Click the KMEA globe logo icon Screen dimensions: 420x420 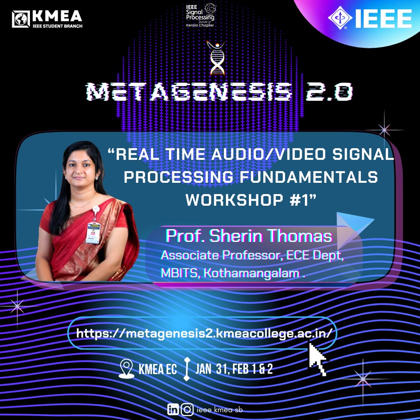click(21, 19)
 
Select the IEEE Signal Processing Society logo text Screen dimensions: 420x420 click(200, 15)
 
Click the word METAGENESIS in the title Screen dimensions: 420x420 click(189, 92)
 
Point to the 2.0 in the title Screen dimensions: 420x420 click(329, 92)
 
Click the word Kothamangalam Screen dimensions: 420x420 click(251, 273)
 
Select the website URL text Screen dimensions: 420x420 click(204, 334)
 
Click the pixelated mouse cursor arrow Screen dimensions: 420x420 click(317, 359)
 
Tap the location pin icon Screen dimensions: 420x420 click(126, 369)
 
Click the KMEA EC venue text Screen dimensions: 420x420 click(157, 369)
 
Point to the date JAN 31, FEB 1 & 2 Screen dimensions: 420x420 click(234, 369)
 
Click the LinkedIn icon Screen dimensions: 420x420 click(173, 409)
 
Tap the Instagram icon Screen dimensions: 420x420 click(187, 409)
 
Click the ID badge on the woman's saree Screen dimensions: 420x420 click(93, 232)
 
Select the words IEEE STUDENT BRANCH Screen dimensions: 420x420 click(58, 26)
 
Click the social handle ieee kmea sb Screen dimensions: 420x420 click(220, 410)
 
